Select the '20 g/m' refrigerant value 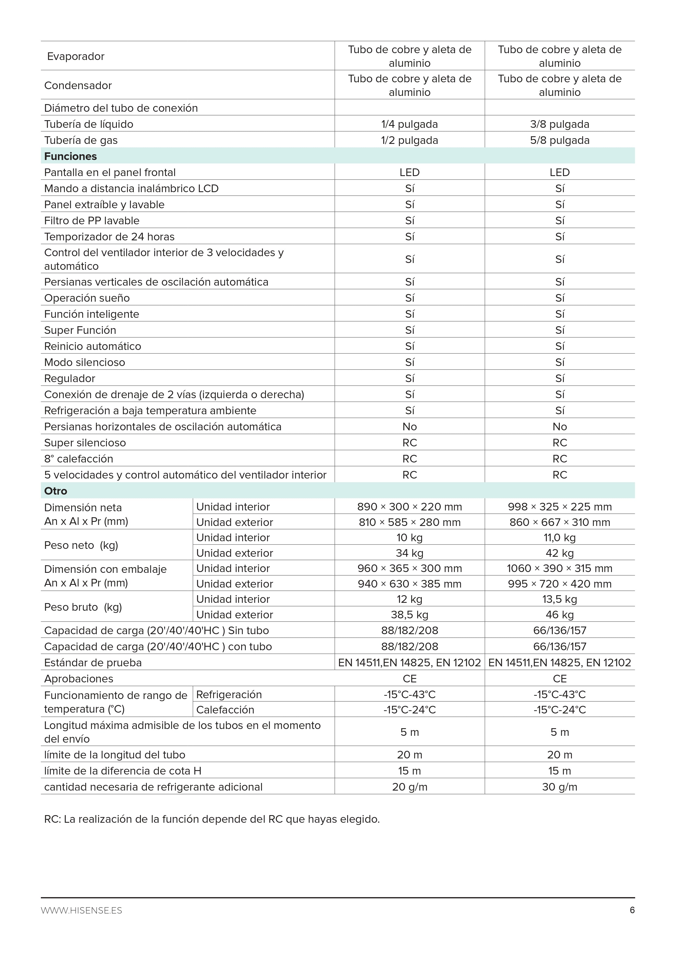pyautogui.click(x=410, y=787)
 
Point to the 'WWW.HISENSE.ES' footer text pyautogui.click(x=81, y=910)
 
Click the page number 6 pyautogui.click(x=632, y=910)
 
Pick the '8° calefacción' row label pyautogui.click(x=79, y=459)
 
